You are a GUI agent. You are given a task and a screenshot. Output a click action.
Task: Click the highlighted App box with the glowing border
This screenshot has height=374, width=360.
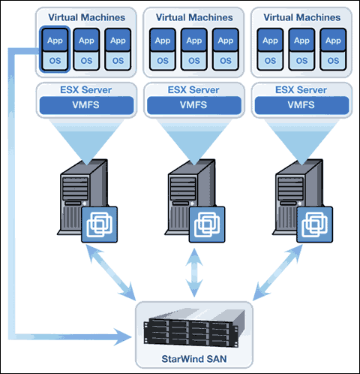coord(55,40)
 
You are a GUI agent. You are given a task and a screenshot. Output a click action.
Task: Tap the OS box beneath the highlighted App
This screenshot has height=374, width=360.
coord(55,61)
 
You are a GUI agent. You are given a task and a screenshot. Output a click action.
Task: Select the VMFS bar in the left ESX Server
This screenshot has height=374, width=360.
coord(86,105)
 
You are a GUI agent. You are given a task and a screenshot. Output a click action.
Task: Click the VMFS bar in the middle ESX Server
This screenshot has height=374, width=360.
coord(194,105)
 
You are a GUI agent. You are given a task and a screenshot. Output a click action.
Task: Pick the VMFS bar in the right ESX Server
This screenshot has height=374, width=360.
coord(301,105)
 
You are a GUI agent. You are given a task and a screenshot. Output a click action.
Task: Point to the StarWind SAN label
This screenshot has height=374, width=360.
coord(194,359)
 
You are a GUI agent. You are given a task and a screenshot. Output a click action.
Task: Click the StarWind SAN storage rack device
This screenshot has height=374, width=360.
coord(194,327)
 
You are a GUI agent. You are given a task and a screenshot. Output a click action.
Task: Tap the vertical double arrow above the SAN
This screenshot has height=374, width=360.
coord(194,273)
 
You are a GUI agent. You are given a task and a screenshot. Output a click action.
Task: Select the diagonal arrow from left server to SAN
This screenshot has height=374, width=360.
coord(111,273)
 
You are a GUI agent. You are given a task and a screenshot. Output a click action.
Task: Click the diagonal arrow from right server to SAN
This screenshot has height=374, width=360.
coord(277,273)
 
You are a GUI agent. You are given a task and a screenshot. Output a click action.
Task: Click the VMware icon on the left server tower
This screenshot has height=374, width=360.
coord(100,225)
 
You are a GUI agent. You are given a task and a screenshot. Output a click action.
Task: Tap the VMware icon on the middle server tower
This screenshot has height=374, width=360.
coord(207,225)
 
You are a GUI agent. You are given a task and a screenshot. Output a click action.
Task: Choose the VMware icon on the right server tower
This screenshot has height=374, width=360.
coord(314,225)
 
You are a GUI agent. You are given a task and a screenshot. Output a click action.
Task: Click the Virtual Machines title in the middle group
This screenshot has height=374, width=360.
coord(194,17)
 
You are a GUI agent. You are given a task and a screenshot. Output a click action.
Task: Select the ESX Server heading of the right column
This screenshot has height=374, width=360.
coord(301,90)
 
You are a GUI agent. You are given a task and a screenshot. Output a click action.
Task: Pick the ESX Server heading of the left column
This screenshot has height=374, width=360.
coord(85,90)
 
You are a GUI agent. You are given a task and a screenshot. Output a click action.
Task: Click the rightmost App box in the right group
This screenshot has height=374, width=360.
coord(333,40)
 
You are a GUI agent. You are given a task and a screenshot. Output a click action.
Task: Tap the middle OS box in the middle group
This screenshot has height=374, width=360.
coord(194,61)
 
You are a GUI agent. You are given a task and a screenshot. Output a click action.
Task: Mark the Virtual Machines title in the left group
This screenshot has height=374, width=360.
coord(86,17)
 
